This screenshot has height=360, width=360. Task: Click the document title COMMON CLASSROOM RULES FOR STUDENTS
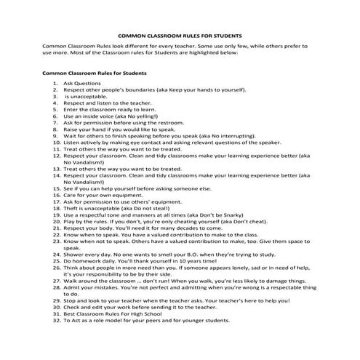point(179,34)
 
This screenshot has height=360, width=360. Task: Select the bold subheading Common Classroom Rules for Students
point(95,73)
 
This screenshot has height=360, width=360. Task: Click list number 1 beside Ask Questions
point(55,84)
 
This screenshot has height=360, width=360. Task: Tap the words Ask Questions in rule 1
point(82,84)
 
